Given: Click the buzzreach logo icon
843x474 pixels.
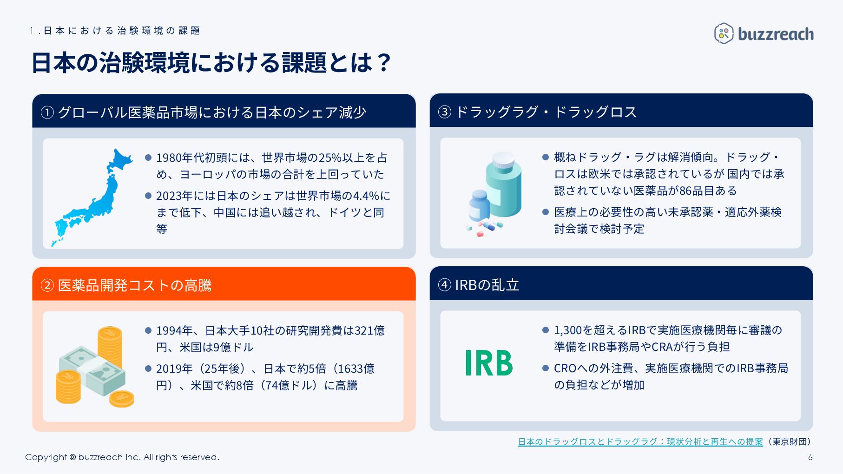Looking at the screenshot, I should tap(724, 33).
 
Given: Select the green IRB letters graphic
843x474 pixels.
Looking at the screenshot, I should tap(489, 363).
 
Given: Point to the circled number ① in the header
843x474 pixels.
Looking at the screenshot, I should tap(47, 112).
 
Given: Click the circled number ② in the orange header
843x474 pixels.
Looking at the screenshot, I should tap(47, 285).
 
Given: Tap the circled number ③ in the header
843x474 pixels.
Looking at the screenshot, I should tap(445, 112).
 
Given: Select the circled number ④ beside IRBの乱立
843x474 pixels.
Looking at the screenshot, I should tap(445, 285).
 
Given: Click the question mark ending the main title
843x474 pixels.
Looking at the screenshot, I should tap(384, 63).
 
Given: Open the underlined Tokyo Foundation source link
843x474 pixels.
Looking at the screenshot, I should tap(640, 441).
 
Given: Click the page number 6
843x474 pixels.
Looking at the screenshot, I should tap(810, 457).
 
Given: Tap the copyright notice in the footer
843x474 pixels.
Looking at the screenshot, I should tap(122, 457).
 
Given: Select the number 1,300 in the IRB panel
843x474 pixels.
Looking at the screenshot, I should tap(567, 330).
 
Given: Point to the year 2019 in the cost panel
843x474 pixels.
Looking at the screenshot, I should tap(168, 369).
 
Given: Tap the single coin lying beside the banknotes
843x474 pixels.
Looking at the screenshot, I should tap(122, 398).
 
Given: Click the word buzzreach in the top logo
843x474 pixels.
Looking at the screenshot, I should tap(776, 34).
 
